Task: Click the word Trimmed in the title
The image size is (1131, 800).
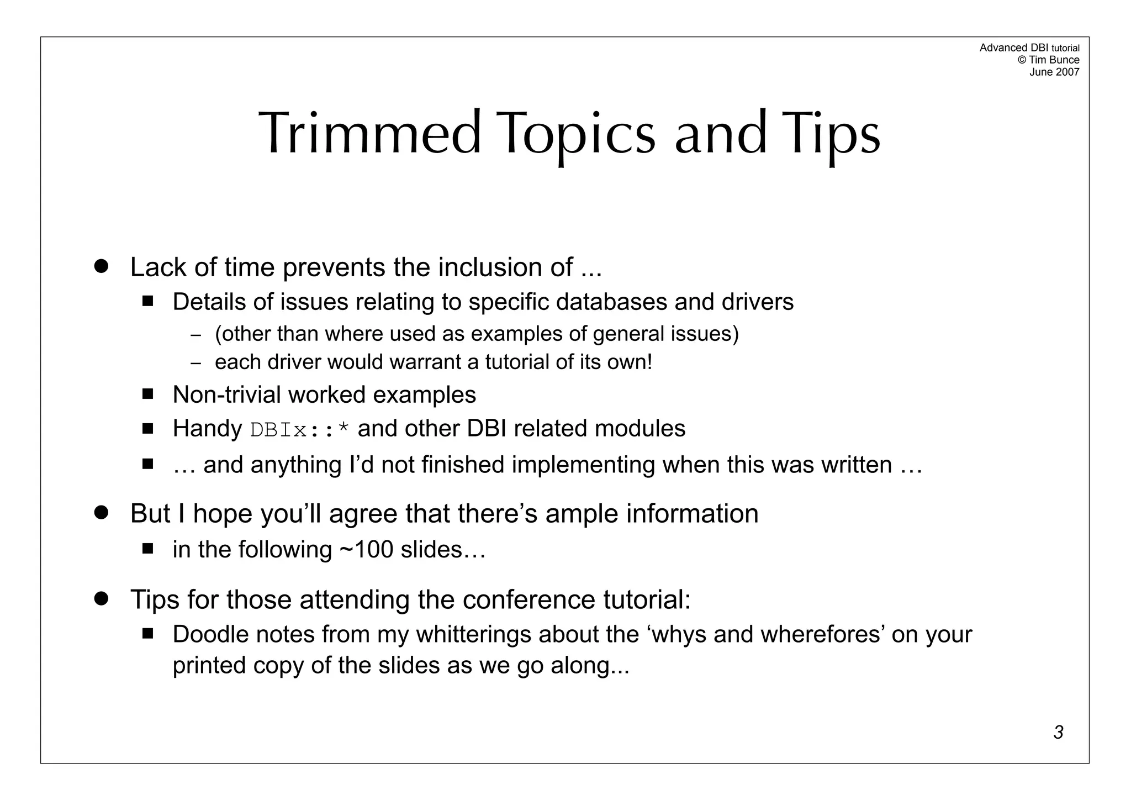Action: point(370,134)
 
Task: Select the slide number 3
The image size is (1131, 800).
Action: point(1058,732)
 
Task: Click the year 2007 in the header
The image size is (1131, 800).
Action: point(1067,72)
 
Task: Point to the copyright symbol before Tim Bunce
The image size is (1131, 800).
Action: point(1022,60)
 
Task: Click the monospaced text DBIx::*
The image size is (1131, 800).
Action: point(300,430)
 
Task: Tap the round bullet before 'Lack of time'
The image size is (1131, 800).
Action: point(101,266)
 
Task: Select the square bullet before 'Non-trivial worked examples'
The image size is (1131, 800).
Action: point(147,394)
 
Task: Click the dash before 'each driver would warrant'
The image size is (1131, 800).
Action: point(196,363)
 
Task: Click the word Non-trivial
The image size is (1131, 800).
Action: point(226,394)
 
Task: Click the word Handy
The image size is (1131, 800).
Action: point(207,429)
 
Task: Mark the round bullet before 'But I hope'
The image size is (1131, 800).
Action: point(101,512)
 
